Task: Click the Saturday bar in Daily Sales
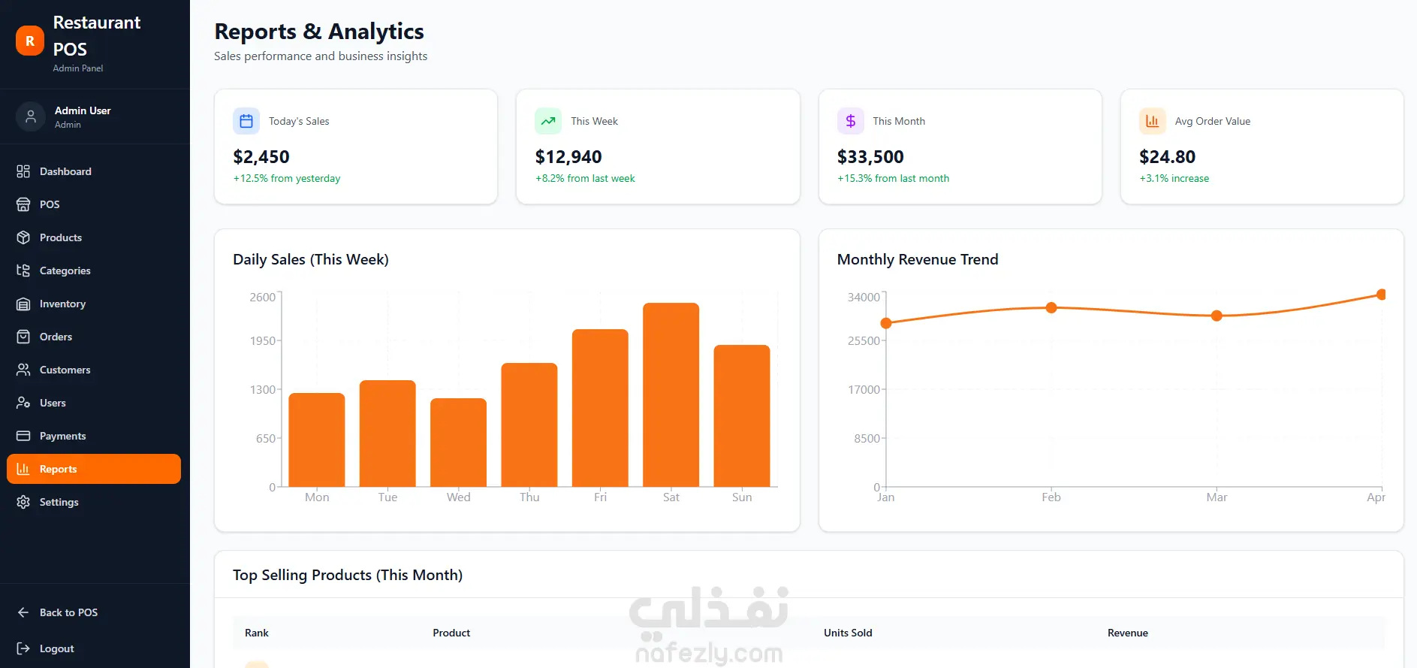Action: pos(671,394)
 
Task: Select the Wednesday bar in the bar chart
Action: pos(458,443)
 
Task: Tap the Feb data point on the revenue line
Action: pos(1051,307)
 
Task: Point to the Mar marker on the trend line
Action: pos(1217,316)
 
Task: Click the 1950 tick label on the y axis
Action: pos(263,340)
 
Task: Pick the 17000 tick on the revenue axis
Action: pos(864,389)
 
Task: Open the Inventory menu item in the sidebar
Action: pos(62,304)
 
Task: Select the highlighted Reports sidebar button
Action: pos(94,469)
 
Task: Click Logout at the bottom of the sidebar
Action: pos(56,648)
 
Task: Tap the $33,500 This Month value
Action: pos(870,157)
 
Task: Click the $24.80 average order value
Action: pos(1167,157)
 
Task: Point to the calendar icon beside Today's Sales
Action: pos(246,121)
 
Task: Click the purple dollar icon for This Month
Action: pos(851,121)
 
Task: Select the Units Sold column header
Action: pos(848,633)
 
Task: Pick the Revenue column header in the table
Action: pos(1127,633)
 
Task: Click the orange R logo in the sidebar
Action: pos(30,41)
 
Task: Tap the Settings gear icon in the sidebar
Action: pos(23,502)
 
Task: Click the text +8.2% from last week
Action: pos(585,178)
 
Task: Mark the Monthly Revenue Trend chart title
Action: pos(918,259)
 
